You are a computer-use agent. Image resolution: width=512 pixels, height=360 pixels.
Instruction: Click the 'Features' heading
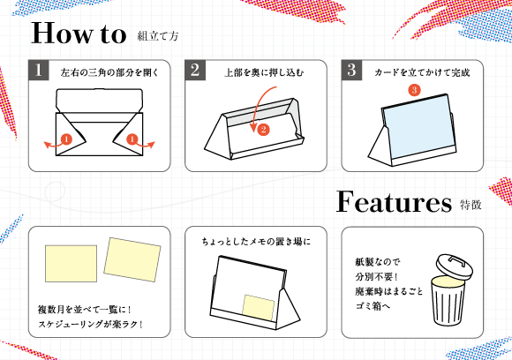pos(393,202)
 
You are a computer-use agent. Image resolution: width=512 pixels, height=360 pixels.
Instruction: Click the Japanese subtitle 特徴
pos(471,206)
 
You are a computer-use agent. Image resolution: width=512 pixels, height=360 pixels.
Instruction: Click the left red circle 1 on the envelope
pos(65,139)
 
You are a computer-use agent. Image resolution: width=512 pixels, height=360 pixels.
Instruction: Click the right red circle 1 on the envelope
pos(132,139)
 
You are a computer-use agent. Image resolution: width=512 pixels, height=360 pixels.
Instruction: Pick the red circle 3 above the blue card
pos(413,90)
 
